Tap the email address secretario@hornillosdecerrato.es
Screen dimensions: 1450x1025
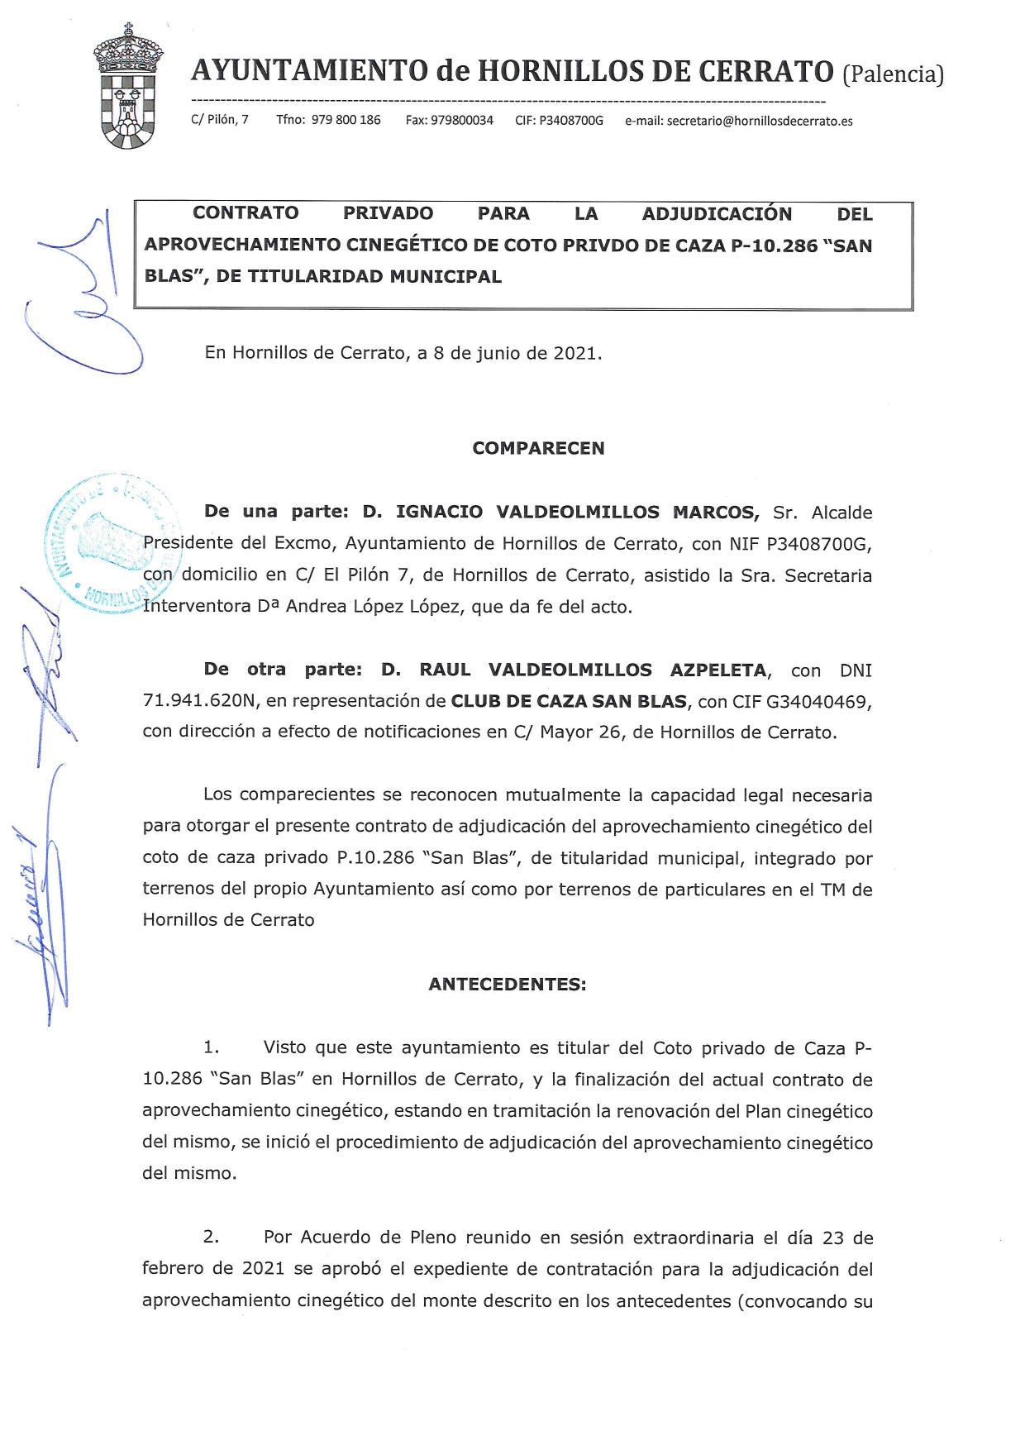tap(760, 121)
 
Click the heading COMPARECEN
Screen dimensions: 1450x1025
tap(538, 448)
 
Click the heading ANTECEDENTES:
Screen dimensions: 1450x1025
tap(507, 984)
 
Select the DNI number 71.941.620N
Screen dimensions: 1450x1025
tap(199, 701)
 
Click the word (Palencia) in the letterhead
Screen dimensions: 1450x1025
tap(893, 74)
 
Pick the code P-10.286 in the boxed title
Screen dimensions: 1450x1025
tap(774, 246)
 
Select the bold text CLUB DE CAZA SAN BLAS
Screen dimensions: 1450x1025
tap(569, 702)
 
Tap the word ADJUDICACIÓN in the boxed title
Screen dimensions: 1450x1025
tap(717, 214)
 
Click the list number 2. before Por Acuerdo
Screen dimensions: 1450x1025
tap(211, 1237)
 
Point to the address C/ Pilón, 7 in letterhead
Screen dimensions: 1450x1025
tap(220, 120)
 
